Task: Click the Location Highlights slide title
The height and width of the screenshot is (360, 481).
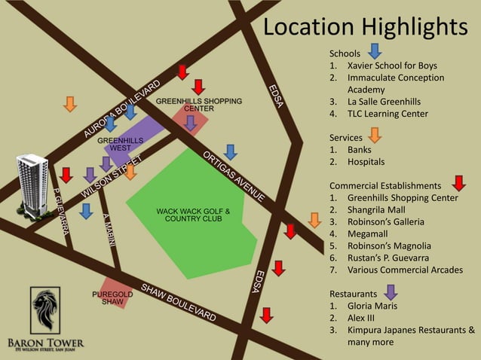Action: click(365, 27)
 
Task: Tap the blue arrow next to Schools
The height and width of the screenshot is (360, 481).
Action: click(375, 51)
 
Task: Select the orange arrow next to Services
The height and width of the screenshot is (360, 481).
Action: click(375, 136)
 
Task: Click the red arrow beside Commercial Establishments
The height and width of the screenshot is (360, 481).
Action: click(459, 183)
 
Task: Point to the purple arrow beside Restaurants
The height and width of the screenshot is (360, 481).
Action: click(391, 291)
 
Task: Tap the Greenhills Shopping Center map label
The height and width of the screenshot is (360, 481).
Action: click(199, 104)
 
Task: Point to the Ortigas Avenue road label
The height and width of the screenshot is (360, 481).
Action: click(234, 176)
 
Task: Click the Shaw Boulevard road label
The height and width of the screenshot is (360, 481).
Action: click(179, 303)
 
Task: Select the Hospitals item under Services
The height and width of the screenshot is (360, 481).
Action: click(366, 161)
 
